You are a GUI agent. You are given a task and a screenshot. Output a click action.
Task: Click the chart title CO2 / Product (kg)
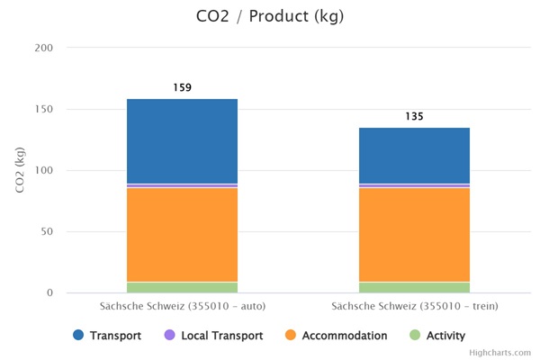tap(269, 16)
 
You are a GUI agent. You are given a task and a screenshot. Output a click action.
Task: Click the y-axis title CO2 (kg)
tap(19, 170)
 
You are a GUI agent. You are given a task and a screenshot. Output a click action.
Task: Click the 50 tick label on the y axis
tap(46, 231)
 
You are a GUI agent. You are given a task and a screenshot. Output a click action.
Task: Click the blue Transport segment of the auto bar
tap(182, 140)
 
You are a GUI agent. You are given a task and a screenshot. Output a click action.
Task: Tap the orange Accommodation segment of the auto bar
tap(182, 234)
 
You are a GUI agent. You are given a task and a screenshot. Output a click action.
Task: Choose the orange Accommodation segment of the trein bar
tap(414, 234)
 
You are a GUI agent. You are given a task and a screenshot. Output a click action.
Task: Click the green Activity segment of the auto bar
tap(182, 287)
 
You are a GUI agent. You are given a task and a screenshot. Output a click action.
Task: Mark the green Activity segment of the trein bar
tap(414, 287)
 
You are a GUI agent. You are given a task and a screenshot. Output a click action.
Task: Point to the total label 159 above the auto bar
tap(182, 88)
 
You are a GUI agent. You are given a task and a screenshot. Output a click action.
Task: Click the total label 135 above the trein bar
tap(414, 117)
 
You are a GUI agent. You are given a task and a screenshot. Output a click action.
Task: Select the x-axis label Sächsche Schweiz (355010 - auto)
tap(182, 307)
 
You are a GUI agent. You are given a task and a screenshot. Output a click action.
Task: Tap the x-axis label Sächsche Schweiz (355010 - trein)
tap(414, 307)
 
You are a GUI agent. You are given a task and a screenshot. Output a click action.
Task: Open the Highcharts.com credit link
tap(505, 353)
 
